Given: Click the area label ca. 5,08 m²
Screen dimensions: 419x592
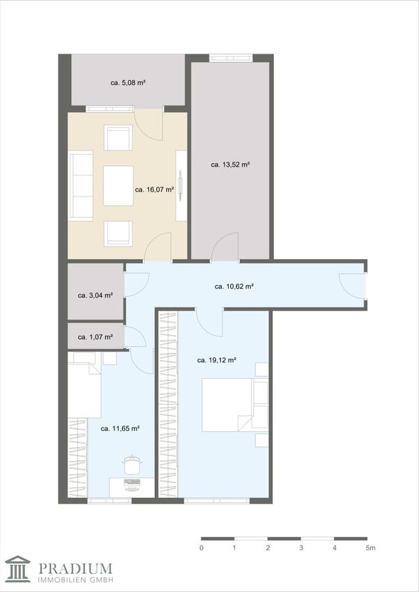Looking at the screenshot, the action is pyautogui.click(x=128, y=83).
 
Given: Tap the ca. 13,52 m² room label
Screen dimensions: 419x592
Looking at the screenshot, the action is pyautogui.click(x=231, y=164).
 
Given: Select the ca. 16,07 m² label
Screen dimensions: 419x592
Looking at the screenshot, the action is pyautogui.click(x=154, y=189).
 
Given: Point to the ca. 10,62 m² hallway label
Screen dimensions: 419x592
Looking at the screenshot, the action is pyautogui.click(x=234, y=286).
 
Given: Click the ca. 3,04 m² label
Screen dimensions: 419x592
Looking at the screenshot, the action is pyautogui.click(x=96, y=295).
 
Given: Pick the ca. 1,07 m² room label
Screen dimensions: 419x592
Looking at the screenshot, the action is pyautogui.click(x=96, y=337).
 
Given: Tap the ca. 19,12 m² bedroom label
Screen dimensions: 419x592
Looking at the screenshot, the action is pyautogui.click(x=217, y=360).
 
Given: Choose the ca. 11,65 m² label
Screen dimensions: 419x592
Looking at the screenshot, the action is pyautogui.click(x=120, y=428).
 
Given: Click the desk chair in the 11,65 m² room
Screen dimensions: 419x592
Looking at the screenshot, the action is pyautogui.click(x=132, y=465).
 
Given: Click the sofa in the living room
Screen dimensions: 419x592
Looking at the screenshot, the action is pyautogui.click(x=80, y=185).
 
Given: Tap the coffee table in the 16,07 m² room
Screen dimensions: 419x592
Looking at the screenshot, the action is pyautogui.click(x=119, y=186).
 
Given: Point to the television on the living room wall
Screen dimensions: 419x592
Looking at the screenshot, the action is pyautogui.click(x=181, y=185).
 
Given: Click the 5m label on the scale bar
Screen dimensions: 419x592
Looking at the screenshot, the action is pyautogui.click(x=370, y=548).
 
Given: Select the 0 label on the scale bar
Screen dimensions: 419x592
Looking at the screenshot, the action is pyautogui.click(x=202, y=548).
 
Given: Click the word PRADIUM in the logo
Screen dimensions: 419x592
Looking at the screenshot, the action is pyautogui.click(x=75, y=568).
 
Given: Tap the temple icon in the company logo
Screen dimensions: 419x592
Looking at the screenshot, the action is pyautogui.click(x=17, y=568).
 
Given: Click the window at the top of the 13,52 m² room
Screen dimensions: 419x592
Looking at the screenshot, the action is pyautogui.click(x=231, y=58).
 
